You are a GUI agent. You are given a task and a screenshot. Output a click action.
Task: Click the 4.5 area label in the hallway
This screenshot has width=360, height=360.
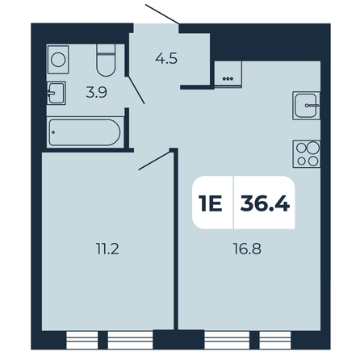point(166,59)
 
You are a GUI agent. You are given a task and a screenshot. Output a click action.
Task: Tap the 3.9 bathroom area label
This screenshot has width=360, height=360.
point(96,93)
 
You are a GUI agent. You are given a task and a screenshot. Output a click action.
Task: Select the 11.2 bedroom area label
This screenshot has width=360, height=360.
point(107,249)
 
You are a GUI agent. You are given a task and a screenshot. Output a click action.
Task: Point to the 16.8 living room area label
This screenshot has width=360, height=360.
point(248,249)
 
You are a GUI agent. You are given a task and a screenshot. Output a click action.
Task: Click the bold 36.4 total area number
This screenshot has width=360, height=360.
point(265,203)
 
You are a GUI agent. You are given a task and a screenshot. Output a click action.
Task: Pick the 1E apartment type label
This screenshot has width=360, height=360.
point(210,203)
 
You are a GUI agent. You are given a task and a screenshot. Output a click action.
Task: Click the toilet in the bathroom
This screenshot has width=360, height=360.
point(106,61)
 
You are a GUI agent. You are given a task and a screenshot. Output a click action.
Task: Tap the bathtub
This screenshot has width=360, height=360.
point(86,132)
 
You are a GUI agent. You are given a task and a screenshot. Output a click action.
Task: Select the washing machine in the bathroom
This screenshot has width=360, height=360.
point(58,60)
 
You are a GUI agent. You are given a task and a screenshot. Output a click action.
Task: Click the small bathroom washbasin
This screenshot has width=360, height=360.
point(57,93)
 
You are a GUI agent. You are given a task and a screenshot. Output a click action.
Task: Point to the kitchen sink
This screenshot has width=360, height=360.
point(307,106)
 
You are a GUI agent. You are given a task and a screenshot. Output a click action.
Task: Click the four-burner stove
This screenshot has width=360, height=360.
point(307,154)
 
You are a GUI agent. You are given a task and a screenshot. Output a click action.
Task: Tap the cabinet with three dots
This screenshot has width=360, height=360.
point(228,74)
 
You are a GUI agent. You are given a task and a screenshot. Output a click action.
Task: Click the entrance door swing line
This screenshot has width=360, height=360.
point(162,14)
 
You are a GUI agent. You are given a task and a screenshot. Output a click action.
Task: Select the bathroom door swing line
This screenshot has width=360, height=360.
point(136,90)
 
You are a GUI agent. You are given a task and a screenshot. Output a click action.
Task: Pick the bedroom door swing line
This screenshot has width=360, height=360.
point(154,161)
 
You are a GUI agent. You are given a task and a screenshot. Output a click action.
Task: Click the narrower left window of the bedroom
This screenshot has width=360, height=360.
point(82,340)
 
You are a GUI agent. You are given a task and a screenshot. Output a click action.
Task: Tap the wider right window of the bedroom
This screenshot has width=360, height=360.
point(130,340)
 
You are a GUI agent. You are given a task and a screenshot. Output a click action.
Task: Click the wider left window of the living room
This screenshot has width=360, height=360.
point(227,340)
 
